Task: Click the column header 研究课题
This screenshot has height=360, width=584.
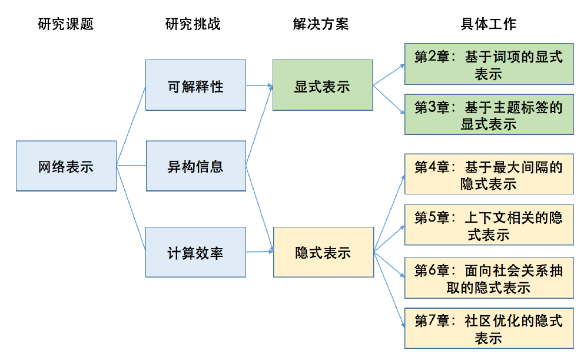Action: click(65, 24)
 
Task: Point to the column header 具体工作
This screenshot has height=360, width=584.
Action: click(488, 24)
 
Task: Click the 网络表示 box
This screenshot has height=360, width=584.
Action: click(66, 166)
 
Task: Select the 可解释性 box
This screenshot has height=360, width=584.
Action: click(195, 85)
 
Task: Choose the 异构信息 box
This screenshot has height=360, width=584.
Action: click(195, 166)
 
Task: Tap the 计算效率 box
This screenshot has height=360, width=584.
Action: click(195, 252)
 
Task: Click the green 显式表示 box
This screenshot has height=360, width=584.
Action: click(322, 85)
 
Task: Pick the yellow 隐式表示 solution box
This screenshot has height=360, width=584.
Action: click(323, 252)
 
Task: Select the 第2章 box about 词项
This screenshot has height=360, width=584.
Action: click(489, 64)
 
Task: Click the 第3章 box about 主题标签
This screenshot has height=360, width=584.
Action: click(489, 114)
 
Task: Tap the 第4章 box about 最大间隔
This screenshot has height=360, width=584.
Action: click(489, 174)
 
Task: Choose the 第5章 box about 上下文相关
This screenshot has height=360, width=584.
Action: click(489, 225)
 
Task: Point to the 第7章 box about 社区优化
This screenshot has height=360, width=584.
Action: click(489, 328)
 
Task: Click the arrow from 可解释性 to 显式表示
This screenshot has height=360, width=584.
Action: click(259, 85)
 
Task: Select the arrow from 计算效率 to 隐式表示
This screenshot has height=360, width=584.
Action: click(260, 252)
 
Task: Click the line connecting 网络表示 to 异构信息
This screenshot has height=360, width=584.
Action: click(131, 166)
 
